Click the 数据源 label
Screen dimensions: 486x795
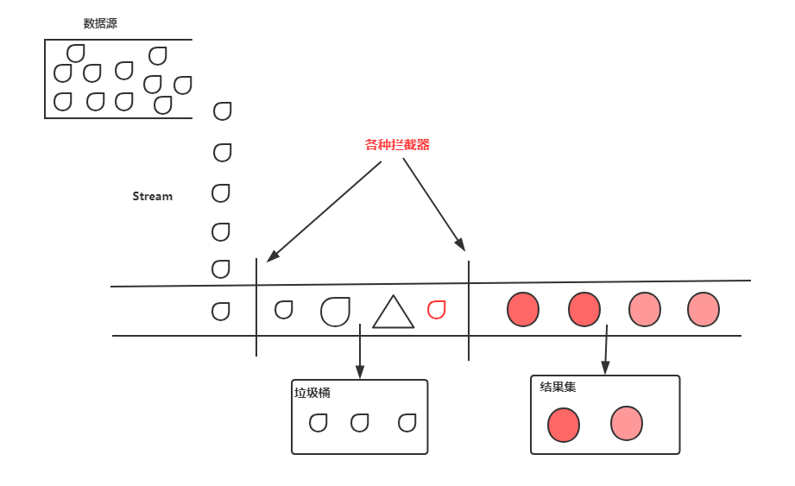(100, 24)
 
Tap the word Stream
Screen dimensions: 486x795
(152, 196)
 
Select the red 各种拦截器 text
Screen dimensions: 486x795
(397, 145)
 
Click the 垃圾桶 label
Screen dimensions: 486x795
(312, 393)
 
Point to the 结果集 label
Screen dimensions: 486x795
(558, 387)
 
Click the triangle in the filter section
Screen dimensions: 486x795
(393, 313)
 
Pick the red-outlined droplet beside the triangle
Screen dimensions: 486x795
(437, 309)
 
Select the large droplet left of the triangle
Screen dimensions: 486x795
(336, 311)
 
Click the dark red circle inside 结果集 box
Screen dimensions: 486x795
(564, 425)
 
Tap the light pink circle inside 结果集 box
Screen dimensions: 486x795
(627, 423)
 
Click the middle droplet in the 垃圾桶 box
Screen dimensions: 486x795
(360, 423)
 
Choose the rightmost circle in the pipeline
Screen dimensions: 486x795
(703, 310)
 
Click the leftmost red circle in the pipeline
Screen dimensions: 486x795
(523, 310)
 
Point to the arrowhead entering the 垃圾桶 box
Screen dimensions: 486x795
(360, 373)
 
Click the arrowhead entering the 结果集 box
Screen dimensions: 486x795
(605, 369)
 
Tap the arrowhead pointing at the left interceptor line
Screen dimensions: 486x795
(271, 256)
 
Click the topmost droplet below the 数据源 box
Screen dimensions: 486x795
(223, 110)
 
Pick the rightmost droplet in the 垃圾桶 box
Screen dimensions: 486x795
(407, 423)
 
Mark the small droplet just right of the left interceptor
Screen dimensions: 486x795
(283, 309)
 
